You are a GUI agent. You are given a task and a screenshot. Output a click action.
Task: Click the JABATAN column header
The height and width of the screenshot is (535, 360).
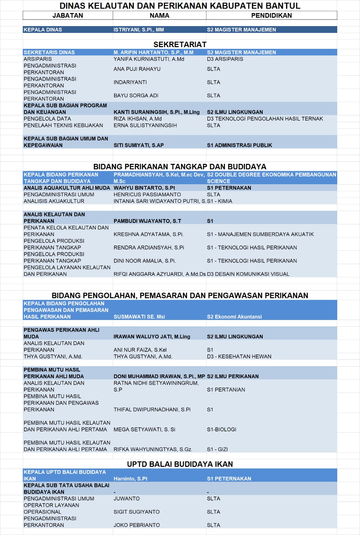68,15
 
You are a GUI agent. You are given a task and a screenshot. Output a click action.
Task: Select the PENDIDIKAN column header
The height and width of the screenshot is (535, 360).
271,15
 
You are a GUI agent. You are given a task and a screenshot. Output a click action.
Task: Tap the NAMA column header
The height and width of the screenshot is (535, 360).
159,15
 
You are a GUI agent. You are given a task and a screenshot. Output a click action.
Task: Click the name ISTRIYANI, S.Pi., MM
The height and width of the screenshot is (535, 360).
139,30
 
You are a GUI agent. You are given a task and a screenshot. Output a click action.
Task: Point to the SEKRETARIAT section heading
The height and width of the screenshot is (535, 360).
180,44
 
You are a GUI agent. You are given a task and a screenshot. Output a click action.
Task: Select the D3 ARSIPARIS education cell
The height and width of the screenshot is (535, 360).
225,59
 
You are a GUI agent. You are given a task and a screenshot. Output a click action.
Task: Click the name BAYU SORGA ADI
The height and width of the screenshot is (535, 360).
136,96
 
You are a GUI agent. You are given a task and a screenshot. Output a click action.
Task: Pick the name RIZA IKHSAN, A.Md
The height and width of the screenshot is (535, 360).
138,119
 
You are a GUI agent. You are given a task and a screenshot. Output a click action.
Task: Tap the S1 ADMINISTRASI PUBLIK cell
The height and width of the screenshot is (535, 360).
239,145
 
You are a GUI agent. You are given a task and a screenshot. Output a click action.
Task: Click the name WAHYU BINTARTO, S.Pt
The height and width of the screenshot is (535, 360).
144,188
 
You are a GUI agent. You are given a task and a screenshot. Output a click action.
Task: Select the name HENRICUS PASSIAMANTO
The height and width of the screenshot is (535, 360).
147,195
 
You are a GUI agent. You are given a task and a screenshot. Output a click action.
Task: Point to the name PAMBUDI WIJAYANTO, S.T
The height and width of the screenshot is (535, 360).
147,221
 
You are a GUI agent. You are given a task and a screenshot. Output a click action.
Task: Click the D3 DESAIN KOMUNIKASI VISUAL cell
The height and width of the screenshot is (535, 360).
248,274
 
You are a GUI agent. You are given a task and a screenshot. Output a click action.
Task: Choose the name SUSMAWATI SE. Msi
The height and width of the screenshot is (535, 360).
139,317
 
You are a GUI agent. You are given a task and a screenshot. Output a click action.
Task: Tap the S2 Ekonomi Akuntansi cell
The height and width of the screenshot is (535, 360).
234,317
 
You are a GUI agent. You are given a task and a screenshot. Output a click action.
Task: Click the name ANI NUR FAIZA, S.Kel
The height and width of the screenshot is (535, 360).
140,350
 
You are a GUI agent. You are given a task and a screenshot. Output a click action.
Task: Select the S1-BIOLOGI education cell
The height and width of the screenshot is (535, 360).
221,430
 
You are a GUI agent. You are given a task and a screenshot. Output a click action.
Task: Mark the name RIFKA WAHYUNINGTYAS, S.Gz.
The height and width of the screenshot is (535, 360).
153,449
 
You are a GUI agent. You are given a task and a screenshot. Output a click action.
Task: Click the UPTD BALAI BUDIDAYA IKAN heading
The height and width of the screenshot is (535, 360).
180,464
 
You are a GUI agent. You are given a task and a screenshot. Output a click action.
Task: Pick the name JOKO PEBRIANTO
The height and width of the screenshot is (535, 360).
137,525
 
